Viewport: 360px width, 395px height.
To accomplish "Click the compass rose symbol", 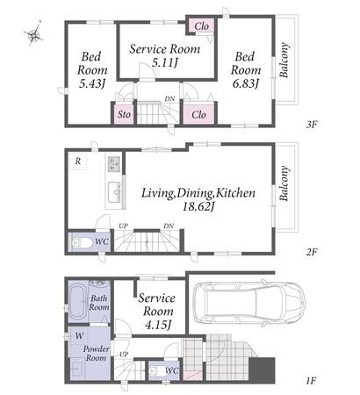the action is coord(34,34).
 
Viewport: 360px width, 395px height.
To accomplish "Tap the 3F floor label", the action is coord(312,125).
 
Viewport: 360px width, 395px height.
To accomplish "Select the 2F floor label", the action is coord(312,252).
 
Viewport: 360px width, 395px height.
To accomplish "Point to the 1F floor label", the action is coord(311,381).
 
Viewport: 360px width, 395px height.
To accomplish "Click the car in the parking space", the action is coord(248,303).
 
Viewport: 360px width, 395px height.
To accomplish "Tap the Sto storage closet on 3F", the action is coord(124,114).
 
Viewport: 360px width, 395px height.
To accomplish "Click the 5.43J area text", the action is coord(92,84).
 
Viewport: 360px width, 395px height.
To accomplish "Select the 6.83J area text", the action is coord(246,84).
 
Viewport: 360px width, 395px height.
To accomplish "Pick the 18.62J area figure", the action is coord(198,207).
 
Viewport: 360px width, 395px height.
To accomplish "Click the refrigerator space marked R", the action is coord(78,161).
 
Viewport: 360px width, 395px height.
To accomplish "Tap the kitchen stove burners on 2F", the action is coord(113,164).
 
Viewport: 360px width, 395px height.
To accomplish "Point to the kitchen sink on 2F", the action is coord(114,192).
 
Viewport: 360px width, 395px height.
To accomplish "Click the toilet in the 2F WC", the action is coord(82,243).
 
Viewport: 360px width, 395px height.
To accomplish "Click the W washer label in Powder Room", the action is coord(79,336).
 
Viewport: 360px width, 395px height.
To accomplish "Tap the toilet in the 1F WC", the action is coord(157,371).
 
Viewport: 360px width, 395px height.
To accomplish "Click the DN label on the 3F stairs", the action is coord(169,99).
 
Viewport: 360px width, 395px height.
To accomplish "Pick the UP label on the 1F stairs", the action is coord(124,355).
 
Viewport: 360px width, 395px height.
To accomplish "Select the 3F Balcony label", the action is coord(284,61).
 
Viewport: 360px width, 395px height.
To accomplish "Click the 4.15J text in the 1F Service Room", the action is coord(158,325).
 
